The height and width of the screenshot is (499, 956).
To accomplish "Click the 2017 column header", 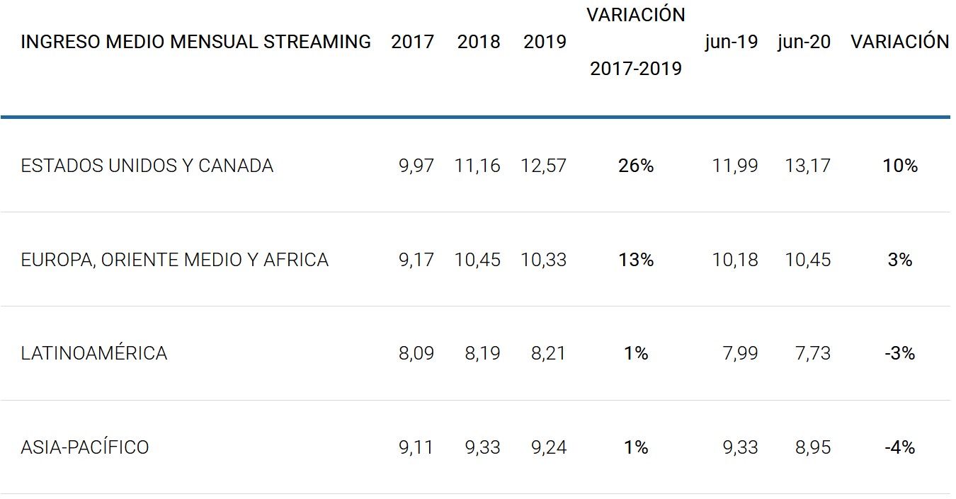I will (x=412, y=42).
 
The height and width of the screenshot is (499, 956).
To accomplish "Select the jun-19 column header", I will (x=731, y=42).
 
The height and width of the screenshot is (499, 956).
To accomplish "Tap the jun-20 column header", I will (x=804, y=42).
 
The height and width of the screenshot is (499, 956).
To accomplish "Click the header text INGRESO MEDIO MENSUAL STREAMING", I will (x=195, y=42).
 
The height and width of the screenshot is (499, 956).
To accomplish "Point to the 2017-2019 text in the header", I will (x=636, y=69).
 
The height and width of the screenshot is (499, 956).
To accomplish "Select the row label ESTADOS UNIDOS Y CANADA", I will (x=147, y=166).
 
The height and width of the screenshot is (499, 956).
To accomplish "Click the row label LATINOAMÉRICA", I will (x=94, y=352).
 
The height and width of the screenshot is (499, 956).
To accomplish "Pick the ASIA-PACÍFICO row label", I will (x=85, y=447).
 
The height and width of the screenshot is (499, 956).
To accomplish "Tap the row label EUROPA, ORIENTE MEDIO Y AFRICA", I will (x=175, y=260).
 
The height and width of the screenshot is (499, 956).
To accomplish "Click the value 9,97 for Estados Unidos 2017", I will (x=416, y=166).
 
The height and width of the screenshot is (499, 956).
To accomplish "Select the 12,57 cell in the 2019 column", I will (x=543, y=166).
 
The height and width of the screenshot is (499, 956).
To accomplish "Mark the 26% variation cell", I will (x=636, y=166).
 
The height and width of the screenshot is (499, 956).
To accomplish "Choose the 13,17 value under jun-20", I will (x=807, y=166).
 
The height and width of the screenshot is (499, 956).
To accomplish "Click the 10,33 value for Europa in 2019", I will (x=543, y=260).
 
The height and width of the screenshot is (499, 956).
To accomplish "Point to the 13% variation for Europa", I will (x=636, y=260).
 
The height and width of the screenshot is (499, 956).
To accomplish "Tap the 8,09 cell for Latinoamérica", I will (x=416, y=352).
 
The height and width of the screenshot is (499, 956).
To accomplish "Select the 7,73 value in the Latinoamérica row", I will (x=813, y=352).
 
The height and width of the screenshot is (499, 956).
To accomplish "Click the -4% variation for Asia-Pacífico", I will (x=899, y=447).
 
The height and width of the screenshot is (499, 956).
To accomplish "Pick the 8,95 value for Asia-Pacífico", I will (x=813, y=447).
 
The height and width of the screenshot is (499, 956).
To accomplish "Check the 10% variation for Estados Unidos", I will (x=900, y=166).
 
